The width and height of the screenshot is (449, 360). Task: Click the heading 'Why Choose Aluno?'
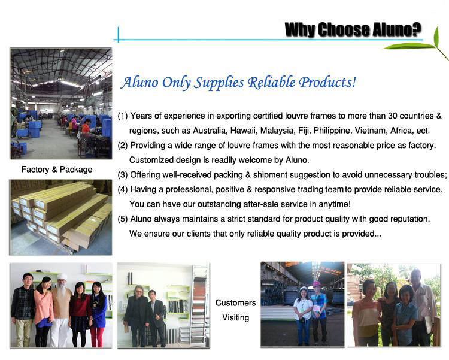tap(353, 29)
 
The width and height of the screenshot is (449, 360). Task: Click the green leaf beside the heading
tap(415, 44)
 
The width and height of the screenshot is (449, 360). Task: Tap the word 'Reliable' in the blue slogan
tap(271, 82)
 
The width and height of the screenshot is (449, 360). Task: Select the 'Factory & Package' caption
tap(57, 170)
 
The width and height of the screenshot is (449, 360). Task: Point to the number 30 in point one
tap(392, 116)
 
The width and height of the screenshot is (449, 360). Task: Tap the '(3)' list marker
tap(123, 174)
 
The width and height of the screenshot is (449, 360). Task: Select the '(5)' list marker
tap(123, 219)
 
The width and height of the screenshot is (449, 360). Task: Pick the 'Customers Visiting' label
tap(236, 310)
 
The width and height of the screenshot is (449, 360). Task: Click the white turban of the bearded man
tap(62, 277)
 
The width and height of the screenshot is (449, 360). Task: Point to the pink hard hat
tap(316, 283)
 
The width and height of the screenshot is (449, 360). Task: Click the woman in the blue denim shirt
tap(405, 316)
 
